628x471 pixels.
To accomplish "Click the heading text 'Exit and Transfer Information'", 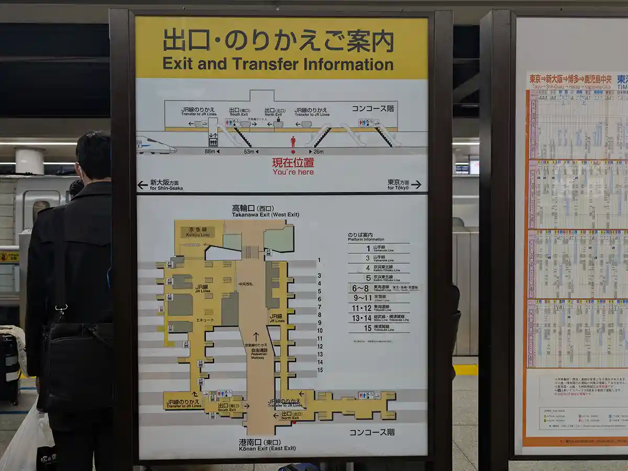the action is [278, 64].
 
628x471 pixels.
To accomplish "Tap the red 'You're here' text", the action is [293, 172].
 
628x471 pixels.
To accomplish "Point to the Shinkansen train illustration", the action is [155, 145].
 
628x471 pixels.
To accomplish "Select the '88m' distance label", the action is [211, 152].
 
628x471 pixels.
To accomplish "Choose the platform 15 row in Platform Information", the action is [378, 328].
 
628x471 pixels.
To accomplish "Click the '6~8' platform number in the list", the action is [361, 288].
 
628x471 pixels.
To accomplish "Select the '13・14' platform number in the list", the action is [361, 318].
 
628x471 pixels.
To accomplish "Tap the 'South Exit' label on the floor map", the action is [228, 407].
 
